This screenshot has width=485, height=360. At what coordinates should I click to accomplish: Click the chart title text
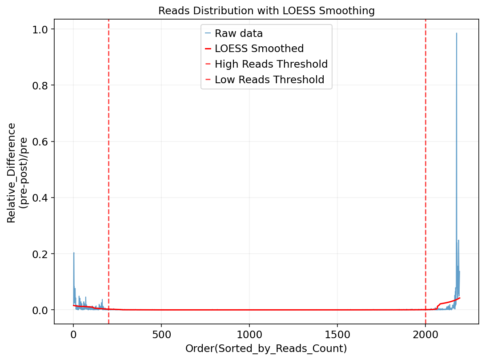pos(266,11)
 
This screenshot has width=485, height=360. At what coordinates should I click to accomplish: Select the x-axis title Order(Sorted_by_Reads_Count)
pos(266,348)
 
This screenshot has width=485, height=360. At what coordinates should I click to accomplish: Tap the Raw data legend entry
pos(238,33)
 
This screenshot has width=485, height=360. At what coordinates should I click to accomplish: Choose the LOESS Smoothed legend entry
pos(259,49)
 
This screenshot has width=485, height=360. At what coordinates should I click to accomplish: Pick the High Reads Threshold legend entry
pos(271,64)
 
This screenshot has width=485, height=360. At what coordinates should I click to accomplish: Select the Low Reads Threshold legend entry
pos(269,80)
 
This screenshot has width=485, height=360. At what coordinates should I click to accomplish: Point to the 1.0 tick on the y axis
pos(41,29)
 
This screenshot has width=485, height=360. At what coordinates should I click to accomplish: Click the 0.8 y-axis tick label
pos(41,85)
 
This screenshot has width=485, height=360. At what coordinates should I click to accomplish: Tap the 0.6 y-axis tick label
pos(41,142)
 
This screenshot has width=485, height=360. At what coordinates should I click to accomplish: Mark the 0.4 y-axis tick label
pos(41,198)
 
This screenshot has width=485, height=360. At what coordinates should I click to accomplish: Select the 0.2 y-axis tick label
pos(41,254)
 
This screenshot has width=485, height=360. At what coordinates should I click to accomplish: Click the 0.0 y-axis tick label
pos(41,310)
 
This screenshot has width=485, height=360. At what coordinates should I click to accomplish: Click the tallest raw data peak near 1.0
pos(456,33)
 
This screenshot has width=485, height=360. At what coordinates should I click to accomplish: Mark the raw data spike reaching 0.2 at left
pos(74,253)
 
